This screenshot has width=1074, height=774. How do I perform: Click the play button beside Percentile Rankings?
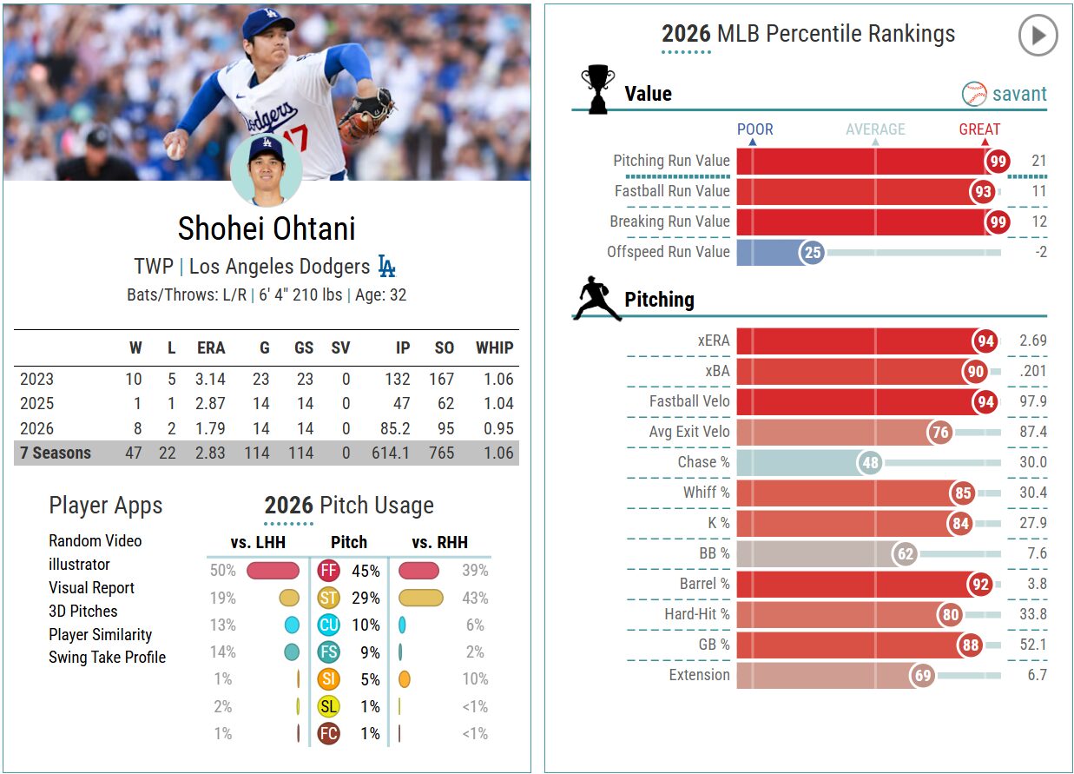(1038, 35)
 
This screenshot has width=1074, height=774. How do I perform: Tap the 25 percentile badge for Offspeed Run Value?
(812, 253)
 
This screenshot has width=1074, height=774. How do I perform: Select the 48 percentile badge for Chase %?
(870, 463)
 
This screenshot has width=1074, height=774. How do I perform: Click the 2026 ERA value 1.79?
(210, 428)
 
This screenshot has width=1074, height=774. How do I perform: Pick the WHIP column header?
(494, 347)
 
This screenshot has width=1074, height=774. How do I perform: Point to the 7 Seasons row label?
(56, 453)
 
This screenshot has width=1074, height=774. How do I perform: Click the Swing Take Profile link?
(107, 657)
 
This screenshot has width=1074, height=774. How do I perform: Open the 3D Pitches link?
(83, 611)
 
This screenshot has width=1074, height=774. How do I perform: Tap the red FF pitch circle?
(328, 571)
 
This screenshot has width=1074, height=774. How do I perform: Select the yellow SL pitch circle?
(328, 706)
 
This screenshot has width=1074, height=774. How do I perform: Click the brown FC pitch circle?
(328, 733)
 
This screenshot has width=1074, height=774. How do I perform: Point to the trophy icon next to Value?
(597, 89)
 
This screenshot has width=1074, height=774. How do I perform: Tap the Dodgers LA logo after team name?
(386, 266)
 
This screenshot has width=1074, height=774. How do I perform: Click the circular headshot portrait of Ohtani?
(267, 170)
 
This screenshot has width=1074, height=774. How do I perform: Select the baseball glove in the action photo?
(366, 116)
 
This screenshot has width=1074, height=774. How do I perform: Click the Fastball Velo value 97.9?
(1033, 401)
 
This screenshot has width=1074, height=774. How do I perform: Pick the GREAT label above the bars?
(979, 129)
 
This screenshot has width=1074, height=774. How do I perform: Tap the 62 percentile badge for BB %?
(905, 553)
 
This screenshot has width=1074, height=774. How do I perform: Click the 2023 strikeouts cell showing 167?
(441, 379)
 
